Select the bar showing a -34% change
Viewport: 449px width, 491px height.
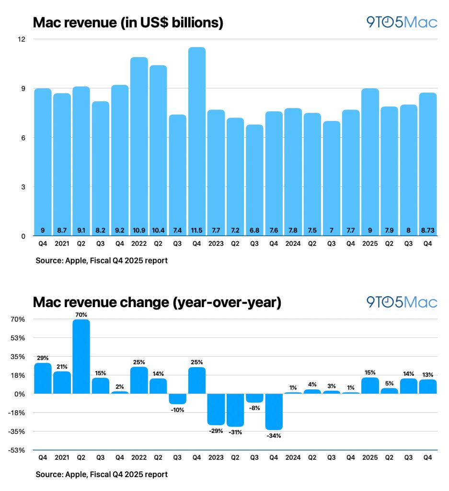coord(274,411)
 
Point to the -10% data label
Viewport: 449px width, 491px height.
coord(177,410)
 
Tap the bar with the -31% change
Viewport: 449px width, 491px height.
coord(235,410)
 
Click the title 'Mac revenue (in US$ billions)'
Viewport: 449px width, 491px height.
coord(128,23)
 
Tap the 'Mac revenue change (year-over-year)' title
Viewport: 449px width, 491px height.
coord(157,303)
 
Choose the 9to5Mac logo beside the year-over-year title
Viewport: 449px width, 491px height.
coord(402,302)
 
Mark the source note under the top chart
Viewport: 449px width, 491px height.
coord(101,261)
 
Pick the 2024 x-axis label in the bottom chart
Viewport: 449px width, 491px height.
coord(293,458)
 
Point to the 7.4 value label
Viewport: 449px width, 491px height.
coord(177,230)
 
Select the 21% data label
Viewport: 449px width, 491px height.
coord(62,367)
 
